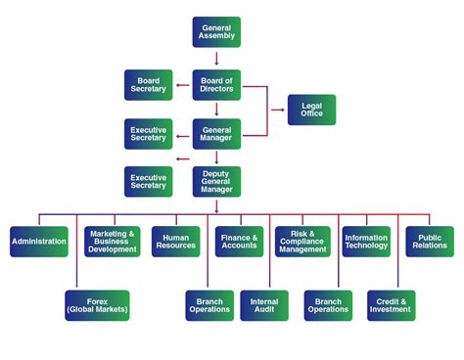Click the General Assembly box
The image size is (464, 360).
click(x=215, y=32)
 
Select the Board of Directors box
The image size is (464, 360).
click(x=215, y=85)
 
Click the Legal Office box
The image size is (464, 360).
click(x=311, y=111)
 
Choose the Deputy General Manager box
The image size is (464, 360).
click(x=215, y=182)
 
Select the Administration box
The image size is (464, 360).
click(x=39, y=241)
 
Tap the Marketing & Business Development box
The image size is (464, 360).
click(x=112, y=242)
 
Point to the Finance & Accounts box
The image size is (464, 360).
click(x=239, y=241)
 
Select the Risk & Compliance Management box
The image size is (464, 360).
click(x=302, y=242)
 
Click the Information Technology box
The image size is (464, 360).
click(x=366, y=241)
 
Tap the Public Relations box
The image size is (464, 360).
click(x=430, y=241)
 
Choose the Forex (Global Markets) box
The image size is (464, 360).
click(x=97, y=304)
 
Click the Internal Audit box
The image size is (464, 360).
click(x=264, y=304)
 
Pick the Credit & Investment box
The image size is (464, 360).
click(x=391, y=304)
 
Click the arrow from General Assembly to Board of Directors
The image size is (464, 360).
click(x=215, y=59)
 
